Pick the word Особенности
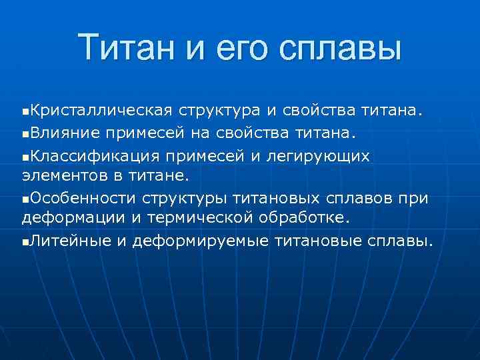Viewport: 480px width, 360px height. [x=84, y=198]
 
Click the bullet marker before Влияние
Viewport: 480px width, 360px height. [x=25, y=133]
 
